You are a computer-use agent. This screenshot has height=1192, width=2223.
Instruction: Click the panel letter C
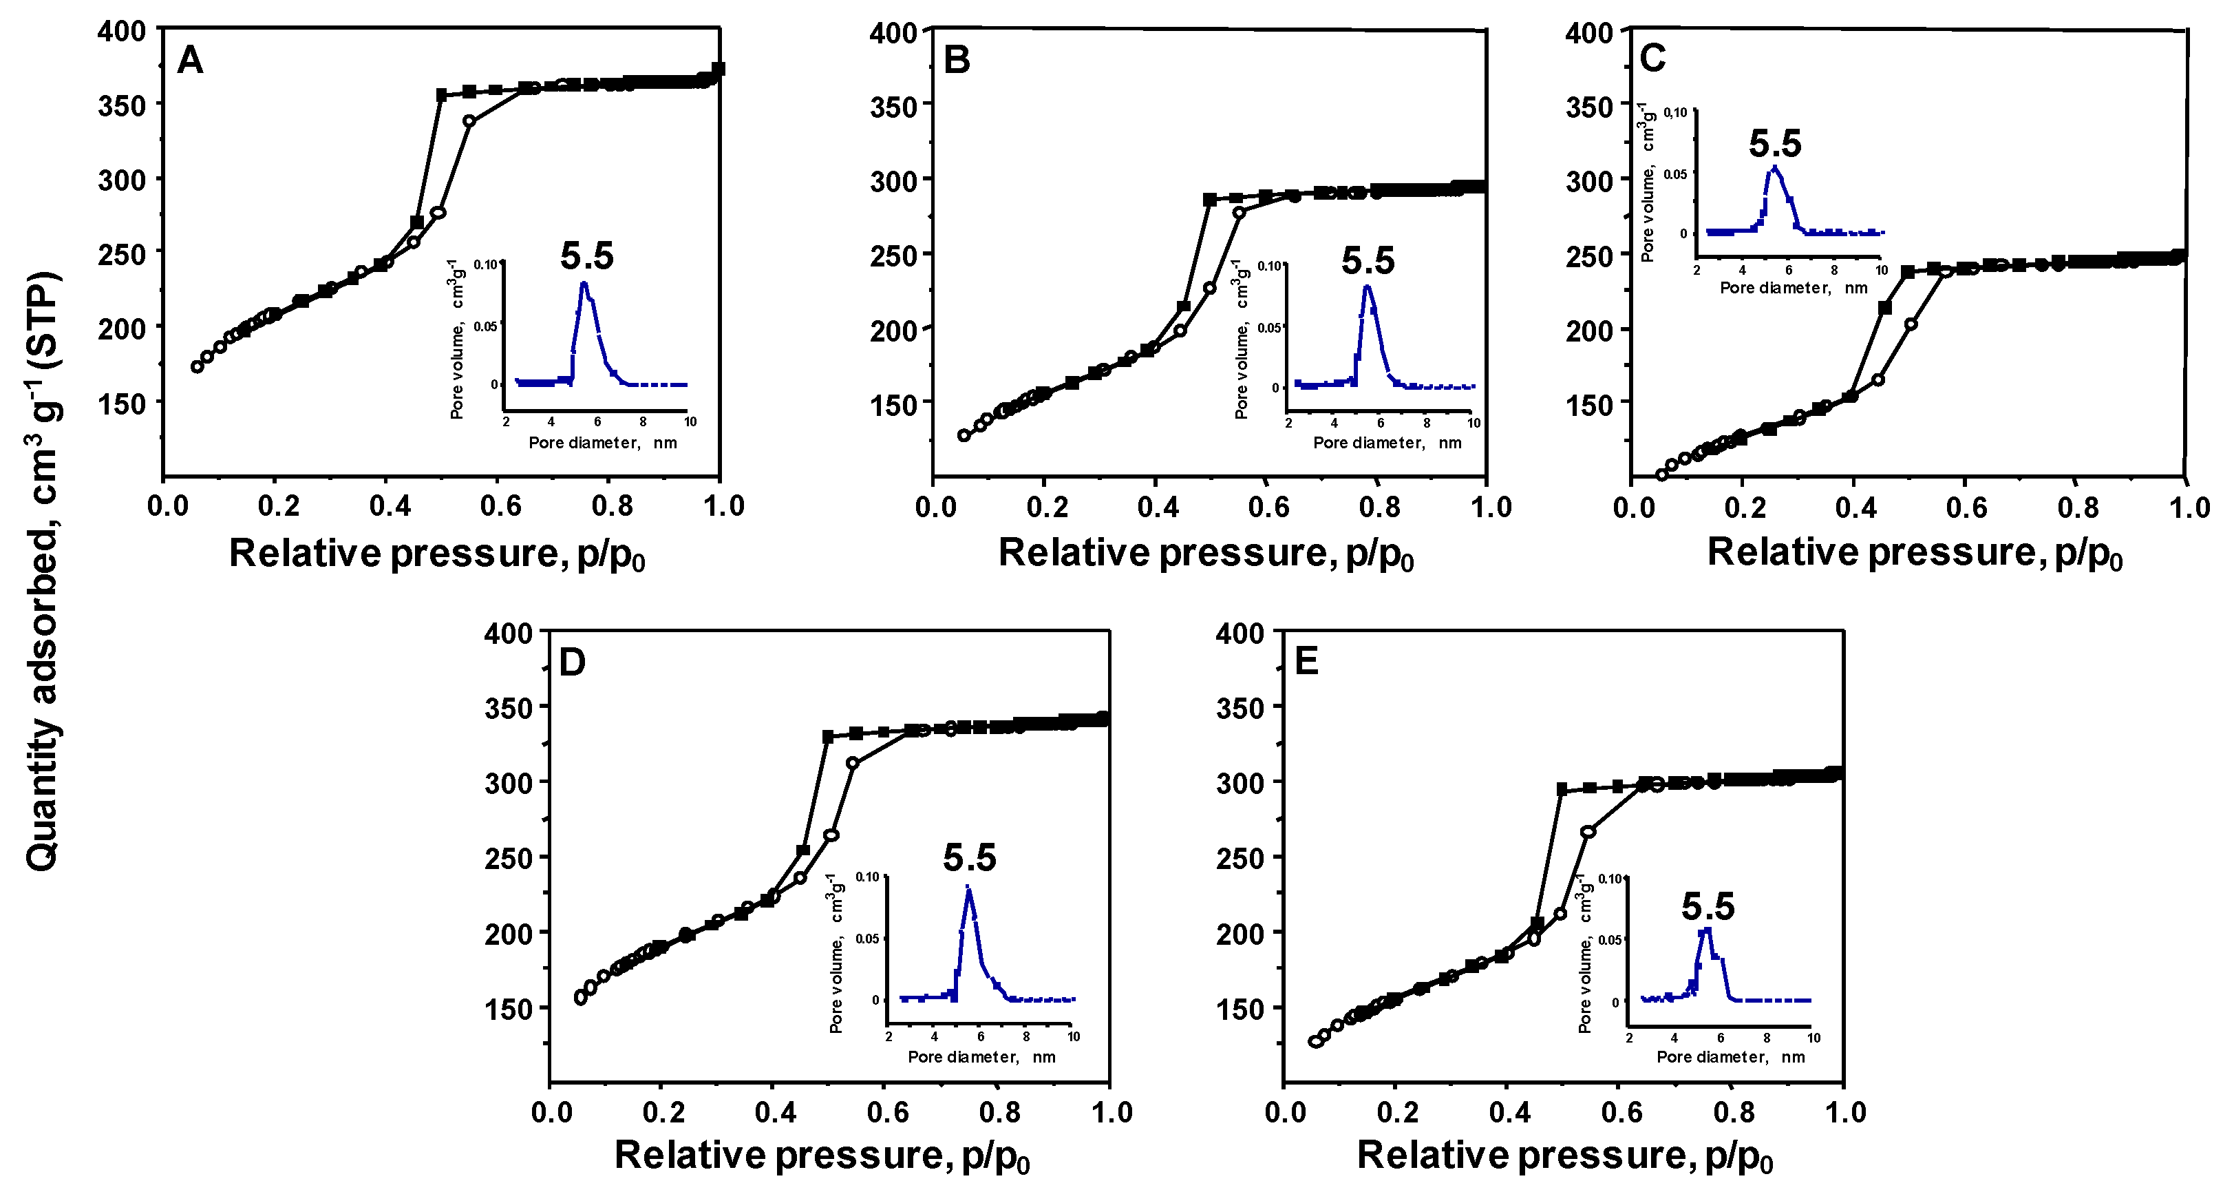(x=1652, y=58)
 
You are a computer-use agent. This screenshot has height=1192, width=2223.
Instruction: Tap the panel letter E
(x=1306, y=662)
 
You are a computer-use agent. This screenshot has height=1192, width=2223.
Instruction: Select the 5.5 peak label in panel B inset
(x=1368, y=261)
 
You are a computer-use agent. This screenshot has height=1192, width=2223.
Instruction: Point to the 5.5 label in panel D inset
(x=969, y=857)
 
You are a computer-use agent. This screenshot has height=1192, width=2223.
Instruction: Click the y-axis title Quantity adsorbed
(x=41, y=569)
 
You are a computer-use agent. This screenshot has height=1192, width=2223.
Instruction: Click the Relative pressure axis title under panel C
(x=1914, y=553)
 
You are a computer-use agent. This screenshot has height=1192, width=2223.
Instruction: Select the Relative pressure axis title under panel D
(x=822, y=1156)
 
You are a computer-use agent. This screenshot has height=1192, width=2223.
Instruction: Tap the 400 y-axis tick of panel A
(x=122, y=31)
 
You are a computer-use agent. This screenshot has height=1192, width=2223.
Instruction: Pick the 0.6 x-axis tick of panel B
(x=1268, y=507)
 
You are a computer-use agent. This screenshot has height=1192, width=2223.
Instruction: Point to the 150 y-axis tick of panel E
(x=1240, y=1008)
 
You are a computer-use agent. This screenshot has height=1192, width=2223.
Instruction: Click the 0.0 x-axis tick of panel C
(x=1634, y=507)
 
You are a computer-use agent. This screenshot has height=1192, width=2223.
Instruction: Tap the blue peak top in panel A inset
(x=584, y=283)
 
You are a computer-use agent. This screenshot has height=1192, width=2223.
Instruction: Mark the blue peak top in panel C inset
(x=1774, y=167)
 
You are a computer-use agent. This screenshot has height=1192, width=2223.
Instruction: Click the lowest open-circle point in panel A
(x=197, y=366)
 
